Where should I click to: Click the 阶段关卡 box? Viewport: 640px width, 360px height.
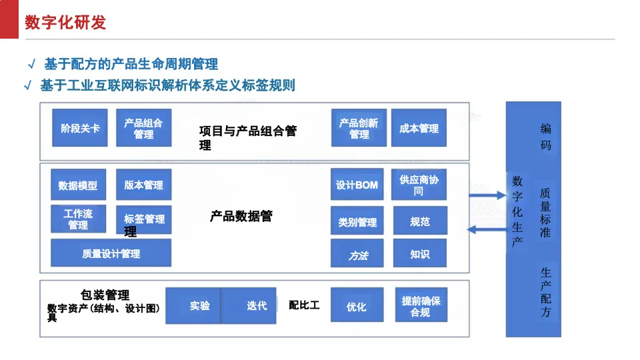pyautogui.click(x=80, y=128)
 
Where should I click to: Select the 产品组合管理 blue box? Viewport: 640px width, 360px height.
pyautogui.click(x=144, y=128)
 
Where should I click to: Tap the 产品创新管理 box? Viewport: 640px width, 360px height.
pyautogui.click(x=359, y=128)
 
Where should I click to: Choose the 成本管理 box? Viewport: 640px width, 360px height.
pyautogui.click(x=419, y=128)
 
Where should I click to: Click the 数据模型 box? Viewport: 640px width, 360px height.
pyautogui.click(x=79, y=185)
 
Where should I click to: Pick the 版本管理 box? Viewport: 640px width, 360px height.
pyautogui.click(x=144, y=185)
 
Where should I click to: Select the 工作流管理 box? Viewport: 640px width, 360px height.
pyautogui.click(x=79, y=219)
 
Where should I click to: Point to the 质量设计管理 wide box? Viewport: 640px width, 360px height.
pyautogui.click(x=111, y=253)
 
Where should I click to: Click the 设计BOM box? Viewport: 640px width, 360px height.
pyautogui.click(x=357, y=185)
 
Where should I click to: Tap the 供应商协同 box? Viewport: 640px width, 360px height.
pyautogui.click(x=419, y=185)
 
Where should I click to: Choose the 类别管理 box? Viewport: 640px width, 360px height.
pyautogui.click(x=357, y=221)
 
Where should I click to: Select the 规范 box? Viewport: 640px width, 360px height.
pyautogui.click(x=421, y=221)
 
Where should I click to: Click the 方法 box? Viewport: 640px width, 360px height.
pyautogui.click(x=357, y=253)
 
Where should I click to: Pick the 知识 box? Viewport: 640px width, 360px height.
pyautogui.click(x=420, y=253)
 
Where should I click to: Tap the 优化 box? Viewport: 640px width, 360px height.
pyautogui.click(x=357, y=305)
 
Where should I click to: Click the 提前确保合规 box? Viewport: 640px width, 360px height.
pyautogui.click(x=421, y=305)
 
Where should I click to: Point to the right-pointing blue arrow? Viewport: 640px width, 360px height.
pyautogui.click(x=487, y=195)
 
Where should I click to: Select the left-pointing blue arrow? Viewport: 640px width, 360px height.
pyautogui.click(x=487, y=229)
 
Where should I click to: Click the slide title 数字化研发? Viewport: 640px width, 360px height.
pyautogui.click(x=65, y=22)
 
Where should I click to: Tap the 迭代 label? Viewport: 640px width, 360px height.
pyautogui.click(x=257, y=306)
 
